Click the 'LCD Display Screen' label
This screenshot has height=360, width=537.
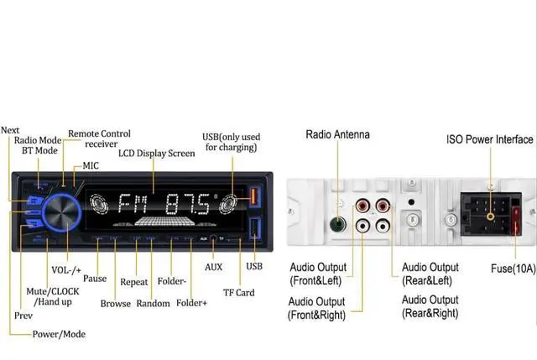pyautogui.click(x=156, y=154)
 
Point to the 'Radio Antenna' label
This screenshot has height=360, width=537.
pyautogui.click(x=337, y=134)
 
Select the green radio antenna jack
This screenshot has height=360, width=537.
pyautogui.click(x=337, y=224)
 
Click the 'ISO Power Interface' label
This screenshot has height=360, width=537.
pyautogui.click(x=489, y=139)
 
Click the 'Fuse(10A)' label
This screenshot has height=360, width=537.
pyautogui.click(x=513, y=269)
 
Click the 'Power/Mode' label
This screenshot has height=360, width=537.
pyautogui.click(x=59, y=334)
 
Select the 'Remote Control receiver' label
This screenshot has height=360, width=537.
pyautogui.click(x=99, y=138)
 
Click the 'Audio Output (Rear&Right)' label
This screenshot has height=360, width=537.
pyautogui.click(x=430, y=306)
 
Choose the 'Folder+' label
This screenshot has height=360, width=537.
pyautogui.click(x=191, y=303)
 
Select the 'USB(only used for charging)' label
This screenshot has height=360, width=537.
pyautogui.click(x=231, y=142)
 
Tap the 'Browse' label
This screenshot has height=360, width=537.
pyautogui.click(x=115, y=304)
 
